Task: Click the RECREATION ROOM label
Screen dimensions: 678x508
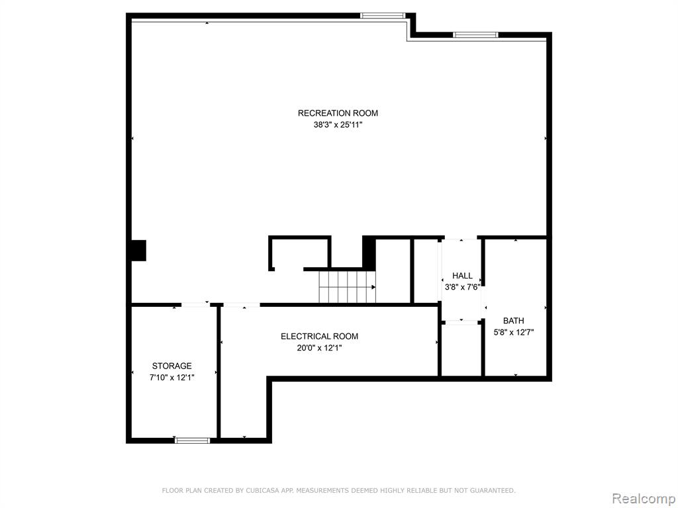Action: click(x=338, y=113)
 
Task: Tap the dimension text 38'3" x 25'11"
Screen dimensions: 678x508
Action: click(x=338, y=125)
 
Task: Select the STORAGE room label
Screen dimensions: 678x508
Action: click(x=171, y=366)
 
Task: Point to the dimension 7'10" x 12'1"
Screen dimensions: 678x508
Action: click(x=171, y=378)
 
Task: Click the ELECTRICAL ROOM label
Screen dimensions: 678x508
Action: click(x=320, y=336)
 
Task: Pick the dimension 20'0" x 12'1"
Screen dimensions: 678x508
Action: click(x=320, y=348)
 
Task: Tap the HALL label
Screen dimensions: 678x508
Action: click(x=462, y=276)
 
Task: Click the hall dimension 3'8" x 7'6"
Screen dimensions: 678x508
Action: click(x=462, y=287)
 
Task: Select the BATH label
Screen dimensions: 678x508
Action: click(x=514, y=321)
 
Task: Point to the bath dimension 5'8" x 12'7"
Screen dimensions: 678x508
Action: click(x=514, y=332)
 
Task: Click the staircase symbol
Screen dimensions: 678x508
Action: click(x=347, y=287)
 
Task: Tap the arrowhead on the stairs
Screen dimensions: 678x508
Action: click(x=373, y=287)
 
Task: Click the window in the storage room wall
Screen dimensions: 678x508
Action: click(x=193, y=440)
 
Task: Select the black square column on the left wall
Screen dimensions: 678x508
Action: click(x=139, y=251)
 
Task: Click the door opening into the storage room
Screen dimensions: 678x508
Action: click(x=195, y=304)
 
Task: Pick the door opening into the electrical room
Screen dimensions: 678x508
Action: click(x=241, y=305)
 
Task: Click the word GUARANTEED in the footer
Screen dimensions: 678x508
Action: click(x=493, y=490)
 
